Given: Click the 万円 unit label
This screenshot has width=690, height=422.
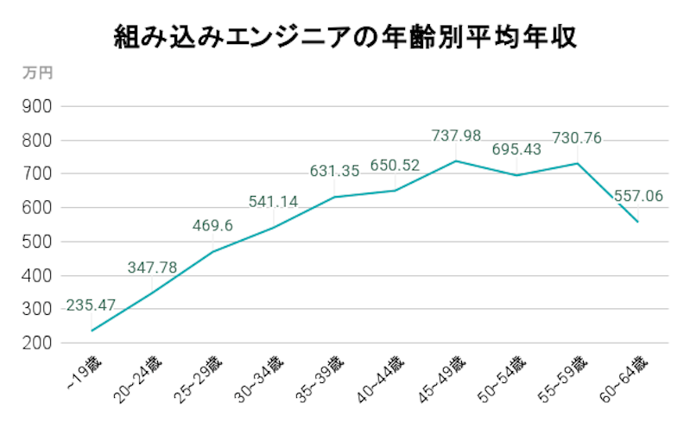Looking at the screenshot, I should (36, 73).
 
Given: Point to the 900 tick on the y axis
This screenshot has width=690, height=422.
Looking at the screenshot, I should (38, 106).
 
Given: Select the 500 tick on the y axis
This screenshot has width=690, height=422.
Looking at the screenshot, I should (38, 242).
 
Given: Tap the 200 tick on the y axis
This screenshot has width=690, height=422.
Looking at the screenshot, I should (38, 343).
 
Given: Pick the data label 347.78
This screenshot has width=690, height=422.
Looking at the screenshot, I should (152, 268).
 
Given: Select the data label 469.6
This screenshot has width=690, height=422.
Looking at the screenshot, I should (213, 227).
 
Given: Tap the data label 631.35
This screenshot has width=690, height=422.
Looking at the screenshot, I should (334, 172).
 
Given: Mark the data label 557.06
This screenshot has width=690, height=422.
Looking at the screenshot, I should (638, 197).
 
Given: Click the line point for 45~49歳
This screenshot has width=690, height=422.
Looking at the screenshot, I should (456, 161).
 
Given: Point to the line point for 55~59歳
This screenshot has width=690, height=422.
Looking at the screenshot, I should (577, 163).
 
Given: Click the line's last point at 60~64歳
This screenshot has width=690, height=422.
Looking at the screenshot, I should (637, 222).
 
